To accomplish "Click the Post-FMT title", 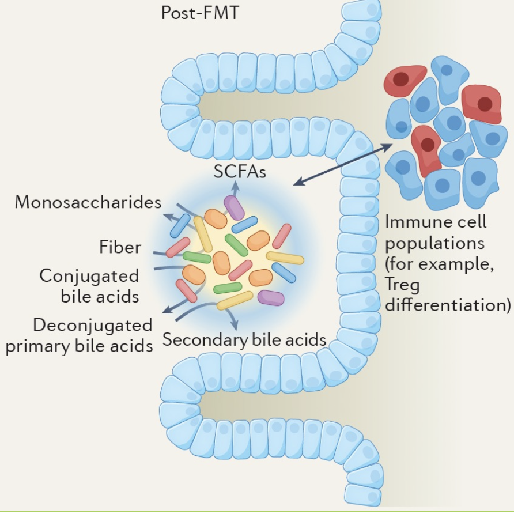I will tap(199, 13).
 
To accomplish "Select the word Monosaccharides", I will tap(88, 202).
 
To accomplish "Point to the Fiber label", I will tap(120, 247).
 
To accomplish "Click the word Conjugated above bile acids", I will tap(89, 275).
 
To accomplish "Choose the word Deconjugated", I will tap(93, 325).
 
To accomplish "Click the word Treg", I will tap(402, 285).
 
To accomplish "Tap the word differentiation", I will tap(448, 304).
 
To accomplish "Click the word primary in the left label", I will tap(37, 346).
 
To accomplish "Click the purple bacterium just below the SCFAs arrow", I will tap(235, 207).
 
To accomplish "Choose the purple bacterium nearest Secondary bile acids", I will tap(270, 297).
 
